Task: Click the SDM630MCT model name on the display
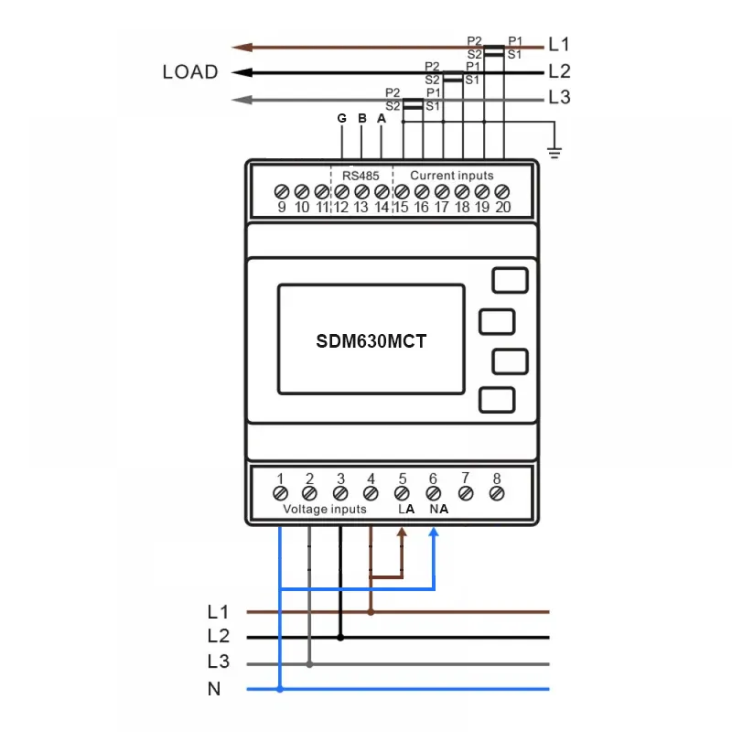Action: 371,341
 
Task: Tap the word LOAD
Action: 190,72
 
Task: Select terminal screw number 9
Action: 282,192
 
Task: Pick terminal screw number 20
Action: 501,192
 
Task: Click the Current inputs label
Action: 451,175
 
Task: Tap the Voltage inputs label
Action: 325,509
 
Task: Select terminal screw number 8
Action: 496,493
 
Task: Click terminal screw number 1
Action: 280,493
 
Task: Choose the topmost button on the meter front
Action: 510,279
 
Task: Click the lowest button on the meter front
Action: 496,400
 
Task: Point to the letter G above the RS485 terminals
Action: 341,119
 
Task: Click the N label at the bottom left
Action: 214,689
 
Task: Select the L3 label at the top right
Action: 559,98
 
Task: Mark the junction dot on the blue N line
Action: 280,689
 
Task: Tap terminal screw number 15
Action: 402,192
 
